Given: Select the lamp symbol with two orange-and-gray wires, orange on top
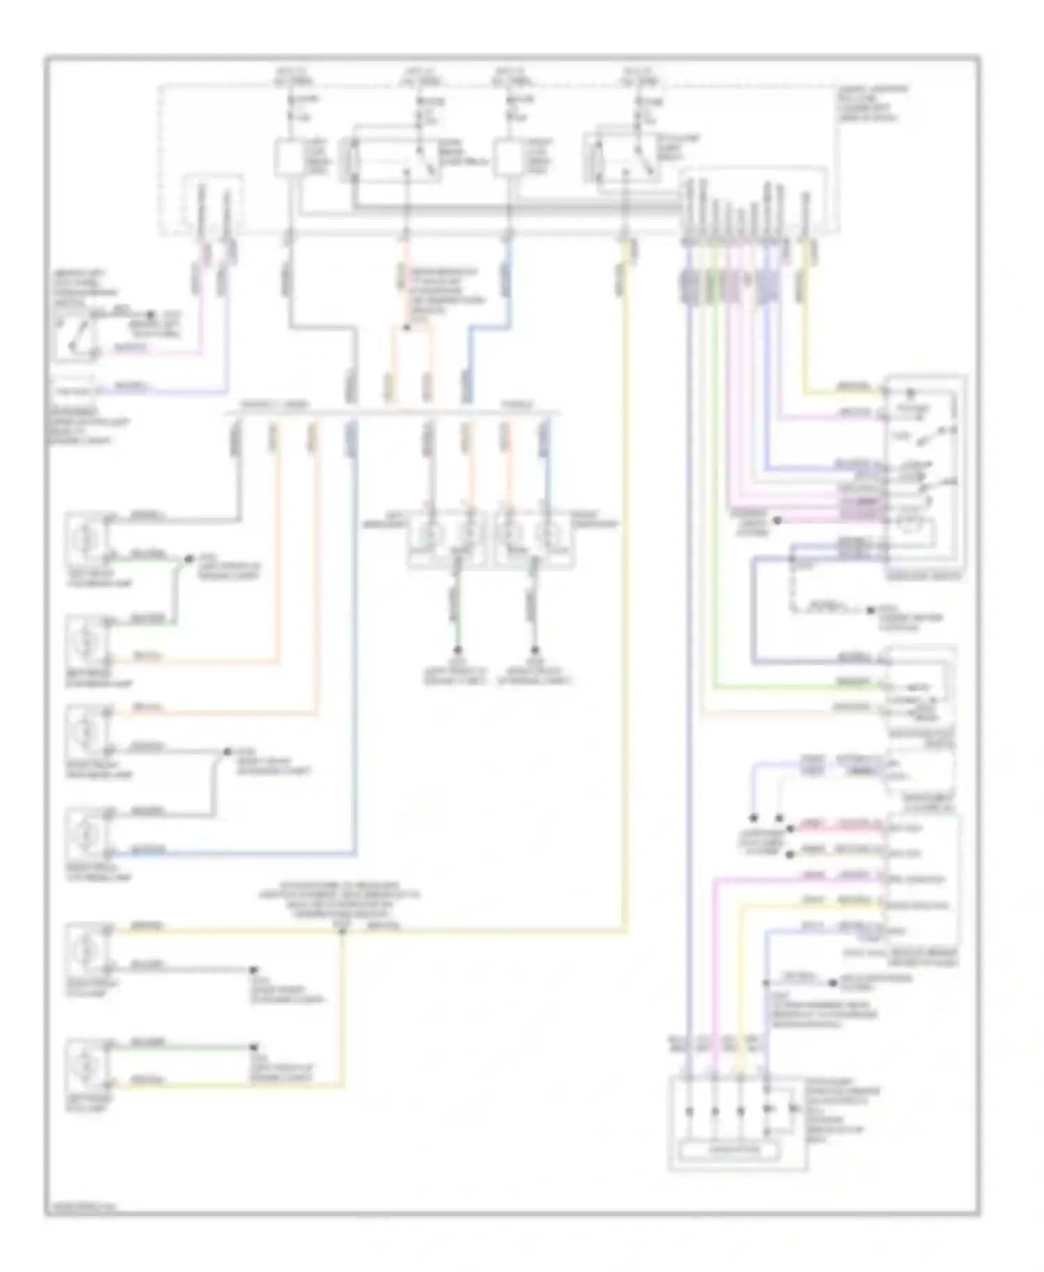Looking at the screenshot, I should tap(86, 731).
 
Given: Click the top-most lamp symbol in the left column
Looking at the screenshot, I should tap(86, 538).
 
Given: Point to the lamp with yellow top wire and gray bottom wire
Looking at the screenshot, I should tap(86, 948).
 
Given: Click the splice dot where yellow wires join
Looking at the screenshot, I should tap(342, 931).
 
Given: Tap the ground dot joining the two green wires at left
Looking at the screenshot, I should tap(188, 559).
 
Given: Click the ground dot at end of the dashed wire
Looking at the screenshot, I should tap(869, 610).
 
